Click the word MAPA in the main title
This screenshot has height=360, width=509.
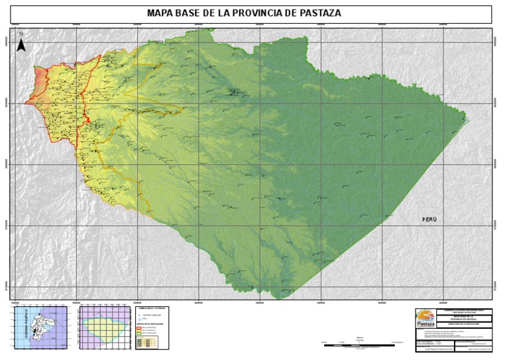160,13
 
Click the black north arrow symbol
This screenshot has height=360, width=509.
21,45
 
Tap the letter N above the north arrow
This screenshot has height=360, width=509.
21,34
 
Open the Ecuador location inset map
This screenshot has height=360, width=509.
39,327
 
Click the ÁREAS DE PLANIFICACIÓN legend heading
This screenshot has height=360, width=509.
152,323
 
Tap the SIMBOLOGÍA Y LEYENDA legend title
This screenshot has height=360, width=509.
152,308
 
